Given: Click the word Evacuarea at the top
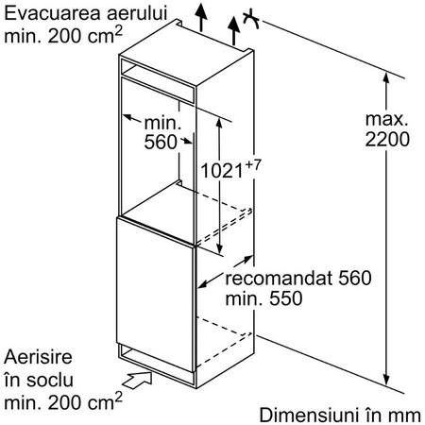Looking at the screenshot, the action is pyautogui.click(x=53, y=13).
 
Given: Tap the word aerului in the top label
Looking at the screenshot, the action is pyautogui.click(x=137, y=13).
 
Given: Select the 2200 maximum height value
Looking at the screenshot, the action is pyautogui.click(x=387, y=139).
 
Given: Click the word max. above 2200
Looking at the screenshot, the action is pyautogui.click(x=387, y=119).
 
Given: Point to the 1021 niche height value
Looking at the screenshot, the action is pyautogui.click(x=222, y=171).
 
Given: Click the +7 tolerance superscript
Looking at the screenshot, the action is pyautogui.click(x=252, y=165).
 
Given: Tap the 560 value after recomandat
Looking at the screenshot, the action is pyautogui.click(x=355, y=278).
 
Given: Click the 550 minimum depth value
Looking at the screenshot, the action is pyautogui.click(x=286, y=298).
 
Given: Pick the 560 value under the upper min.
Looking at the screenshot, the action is pyautogui.click(x=161, y=142).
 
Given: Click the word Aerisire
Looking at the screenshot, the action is pyautogui.click(x=38, y=357).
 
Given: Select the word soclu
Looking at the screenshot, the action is pyautogui.click(x=50, y=380).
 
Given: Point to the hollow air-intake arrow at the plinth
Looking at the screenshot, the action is pyautogui.click(x=137, y=380).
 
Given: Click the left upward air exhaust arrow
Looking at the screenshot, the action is pyautogui.click(x=201, y=18).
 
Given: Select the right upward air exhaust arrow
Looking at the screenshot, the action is pyautogui.click(x=234, y=31).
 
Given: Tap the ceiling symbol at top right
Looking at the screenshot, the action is pyautogui.click(x=251, y=20).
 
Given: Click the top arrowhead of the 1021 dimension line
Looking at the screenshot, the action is pyautogui.click(x=219, y=124).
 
